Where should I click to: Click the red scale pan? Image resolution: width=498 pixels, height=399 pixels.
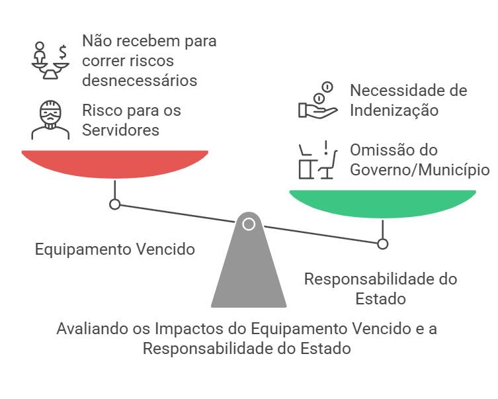114,163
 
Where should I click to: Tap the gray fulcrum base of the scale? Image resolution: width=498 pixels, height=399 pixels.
249,271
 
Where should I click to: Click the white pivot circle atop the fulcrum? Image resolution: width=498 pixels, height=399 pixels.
249,224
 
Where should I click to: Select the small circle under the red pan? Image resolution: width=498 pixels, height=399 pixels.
114,204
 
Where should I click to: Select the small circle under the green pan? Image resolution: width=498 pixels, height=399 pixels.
382,244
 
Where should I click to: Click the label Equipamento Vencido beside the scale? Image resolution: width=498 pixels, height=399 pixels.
114,249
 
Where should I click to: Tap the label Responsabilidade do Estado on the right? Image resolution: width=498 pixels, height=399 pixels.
380,288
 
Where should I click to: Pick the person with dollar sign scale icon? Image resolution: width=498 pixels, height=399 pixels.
50,61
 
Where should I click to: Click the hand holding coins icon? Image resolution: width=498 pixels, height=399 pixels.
317,101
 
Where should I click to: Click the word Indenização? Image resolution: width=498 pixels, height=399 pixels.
394,110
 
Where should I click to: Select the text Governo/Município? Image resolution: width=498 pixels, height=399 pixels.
420,169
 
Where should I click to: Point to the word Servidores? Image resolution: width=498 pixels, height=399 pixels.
120,130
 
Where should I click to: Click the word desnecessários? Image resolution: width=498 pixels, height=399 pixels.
140,81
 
